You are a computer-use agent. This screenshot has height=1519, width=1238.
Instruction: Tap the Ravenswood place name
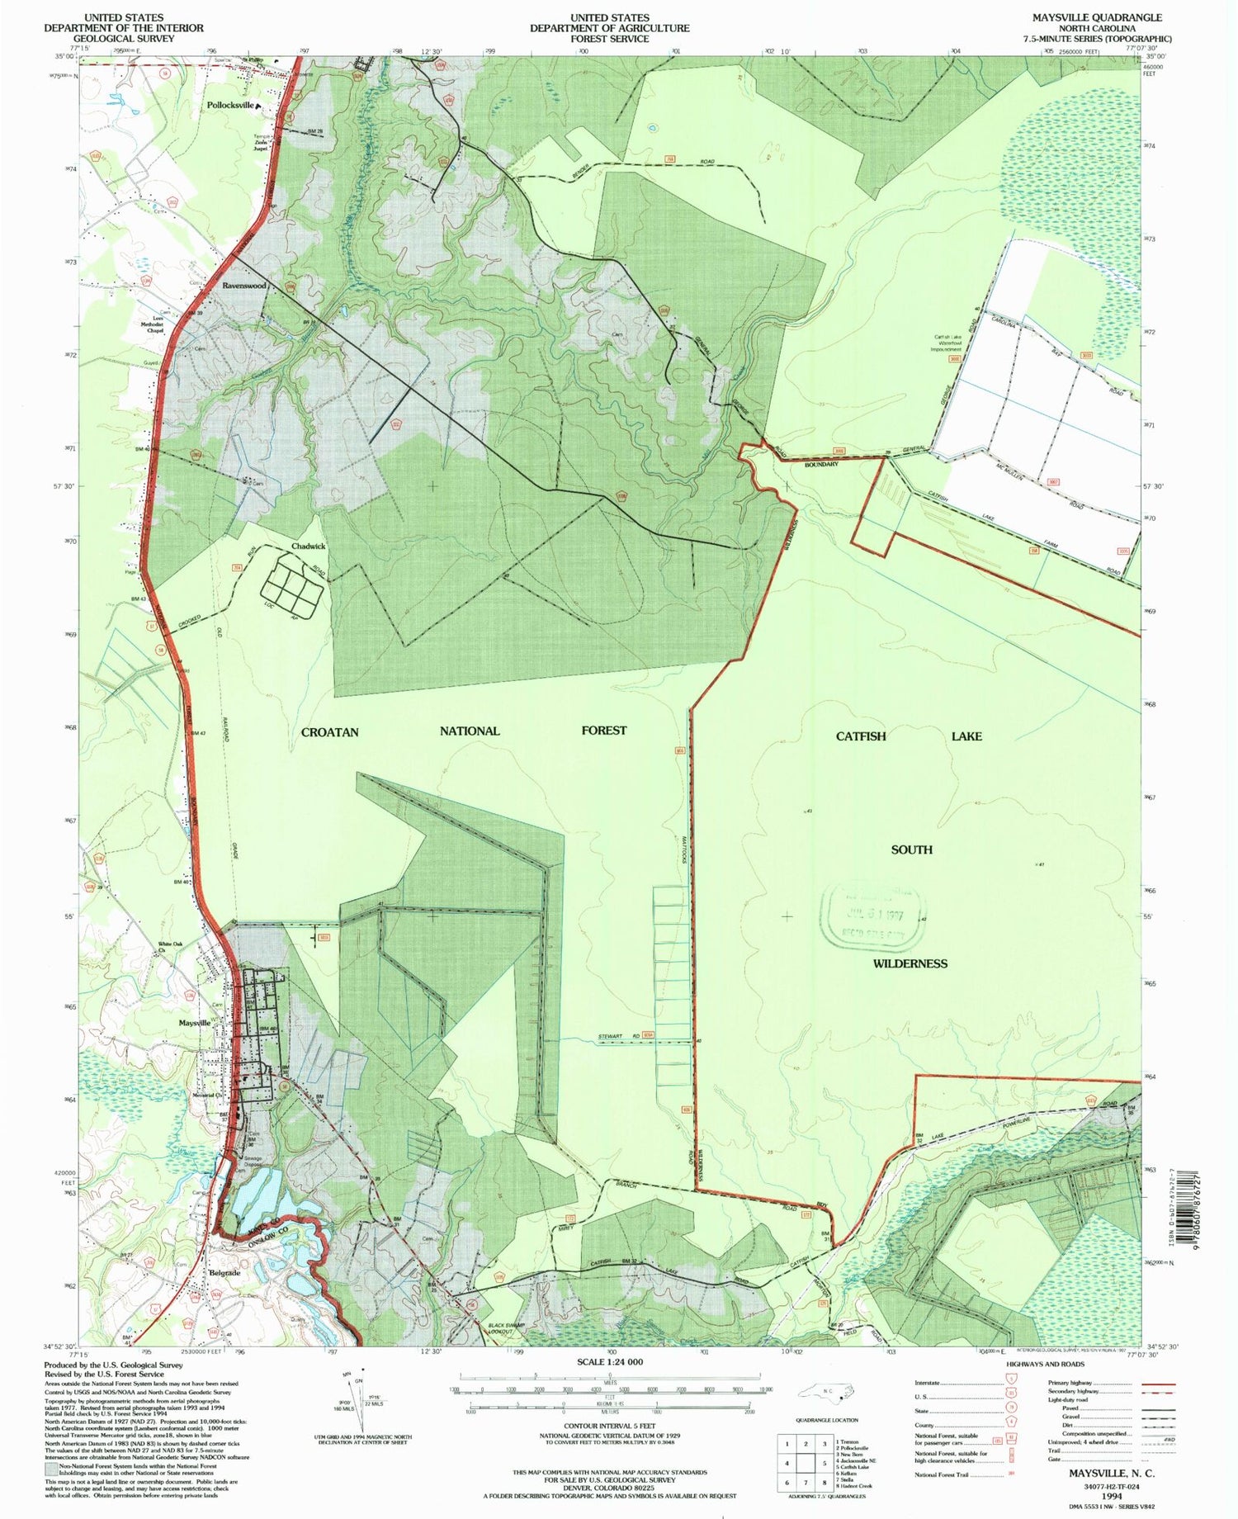tap(243, 286)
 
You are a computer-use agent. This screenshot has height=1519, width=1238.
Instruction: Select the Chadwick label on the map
tap(308, 547)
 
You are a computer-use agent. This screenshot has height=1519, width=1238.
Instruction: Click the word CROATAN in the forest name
tap(329, 731)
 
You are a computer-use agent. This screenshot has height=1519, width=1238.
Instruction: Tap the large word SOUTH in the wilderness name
tap(911, 849)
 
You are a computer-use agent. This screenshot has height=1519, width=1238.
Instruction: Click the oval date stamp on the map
tap(874, 918)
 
